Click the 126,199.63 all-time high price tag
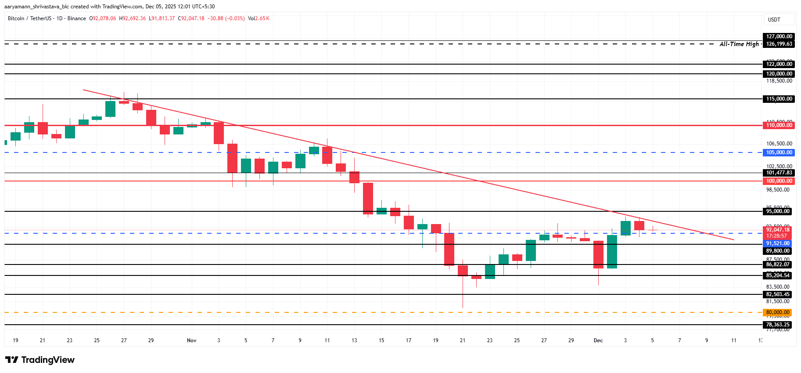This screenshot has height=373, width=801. [779, 44]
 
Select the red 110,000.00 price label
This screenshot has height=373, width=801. [779, 125]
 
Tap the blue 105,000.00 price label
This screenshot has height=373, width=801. [779, 152]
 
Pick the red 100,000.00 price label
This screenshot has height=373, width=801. [779, 181]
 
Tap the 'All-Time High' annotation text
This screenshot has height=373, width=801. [739, 44]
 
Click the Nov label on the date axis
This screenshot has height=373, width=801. [191, 340]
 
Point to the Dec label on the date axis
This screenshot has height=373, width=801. [598, 340]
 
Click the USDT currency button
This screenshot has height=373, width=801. [774, 20]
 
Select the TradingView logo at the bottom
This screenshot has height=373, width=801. [40, 360]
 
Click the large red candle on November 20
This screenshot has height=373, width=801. [449, 249]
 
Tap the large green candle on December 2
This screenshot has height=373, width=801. [612, 252]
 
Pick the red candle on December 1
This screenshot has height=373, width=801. [598, 254]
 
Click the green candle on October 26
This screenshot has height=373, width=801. [110, 109]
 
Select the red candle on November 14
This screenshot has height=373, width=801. [368, 199]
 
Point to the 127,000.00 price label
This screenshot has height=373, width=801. [779, 36]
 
